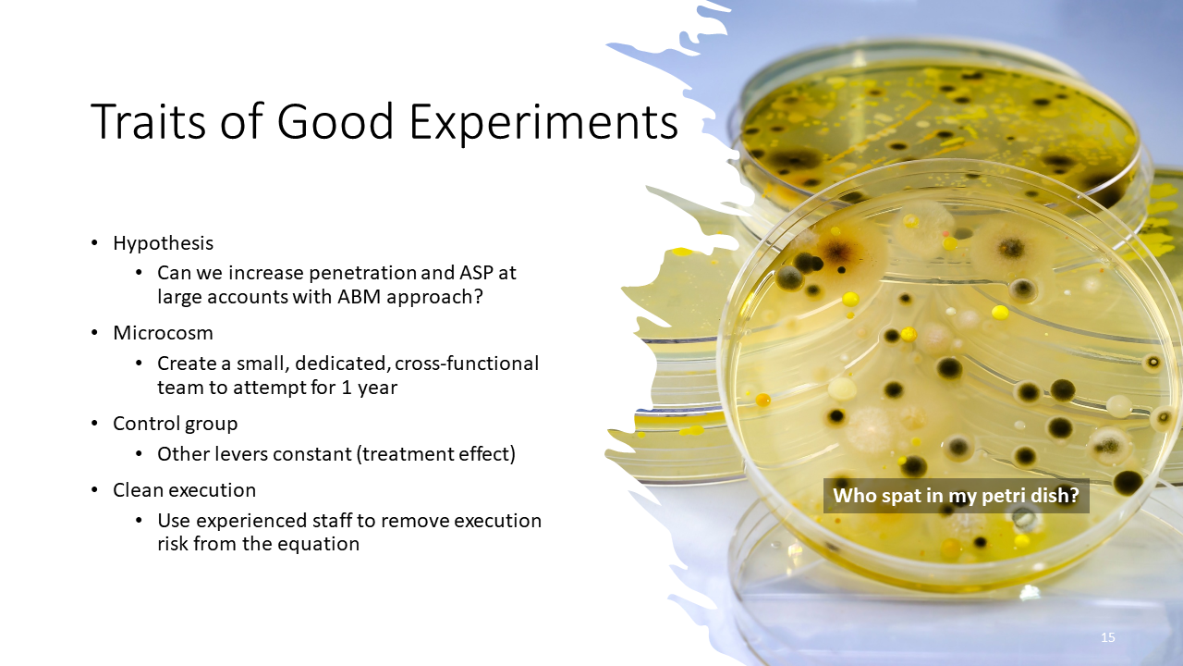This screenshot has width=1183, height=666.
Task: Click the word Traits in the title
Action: (x=149, y=121)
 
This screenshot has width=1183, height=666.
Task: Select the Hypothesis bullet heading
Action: (x=164, y=243)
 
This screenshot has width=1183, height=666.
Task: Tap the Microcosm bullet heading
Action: (x=164, y=333)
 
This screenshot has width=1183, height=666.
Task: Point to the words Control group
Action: (x=176, y=424)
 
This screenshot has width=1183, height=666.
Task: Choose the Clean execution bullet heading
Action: (x=184, y=490)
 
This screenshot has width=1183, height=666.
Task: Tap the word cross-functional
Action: (x=467, y=364)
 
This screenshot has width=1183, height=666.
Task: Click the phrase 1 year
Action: (x=369, y=388)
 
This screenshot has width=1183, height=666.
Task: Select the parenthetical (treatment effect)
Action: (x=436, y=454)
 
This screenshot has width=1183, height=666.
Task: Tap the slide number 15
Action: (x=1107, y=637)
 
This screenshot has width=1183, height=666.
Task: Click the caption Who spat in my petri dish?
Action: (x=956, y=496)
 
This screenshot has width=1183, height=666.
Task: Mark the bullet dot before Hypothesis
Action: (x=94, y=243)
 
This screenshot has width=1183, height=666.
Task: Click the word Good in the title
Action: (x=335, y=121)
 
